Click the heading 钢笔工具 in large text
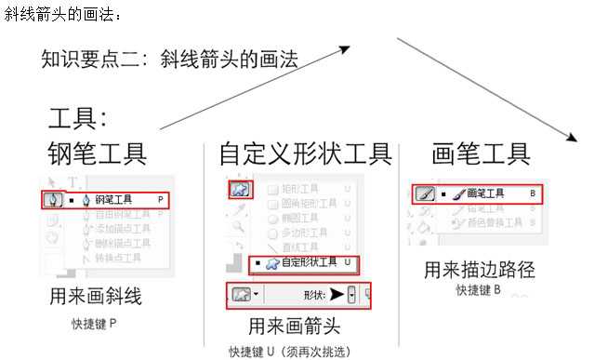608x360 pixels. [97, 153]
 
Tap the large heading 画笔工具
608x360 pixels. [481, 153]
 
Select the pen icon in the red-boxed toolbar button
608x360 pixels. [53, 199]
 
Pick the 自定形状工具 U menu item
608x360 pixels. [302, 264]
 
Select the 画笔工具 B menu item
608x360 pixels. [488, 193]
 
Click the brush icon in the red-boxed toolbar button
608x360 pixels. [425, 194]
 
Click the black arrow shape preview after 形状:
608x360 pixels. [335, 295]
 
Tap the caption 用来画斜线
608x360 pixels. [96, 297]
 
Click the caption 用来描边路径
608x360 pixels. [479, 270]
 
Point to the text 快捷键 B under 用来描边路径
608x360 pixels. [479, 290]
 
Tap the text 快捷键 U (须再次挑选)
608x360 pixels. [293, 352]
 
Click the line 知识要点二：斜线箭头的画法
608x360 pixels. [170, 60]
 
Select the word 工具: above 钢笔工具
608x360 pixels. [79, 118]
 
